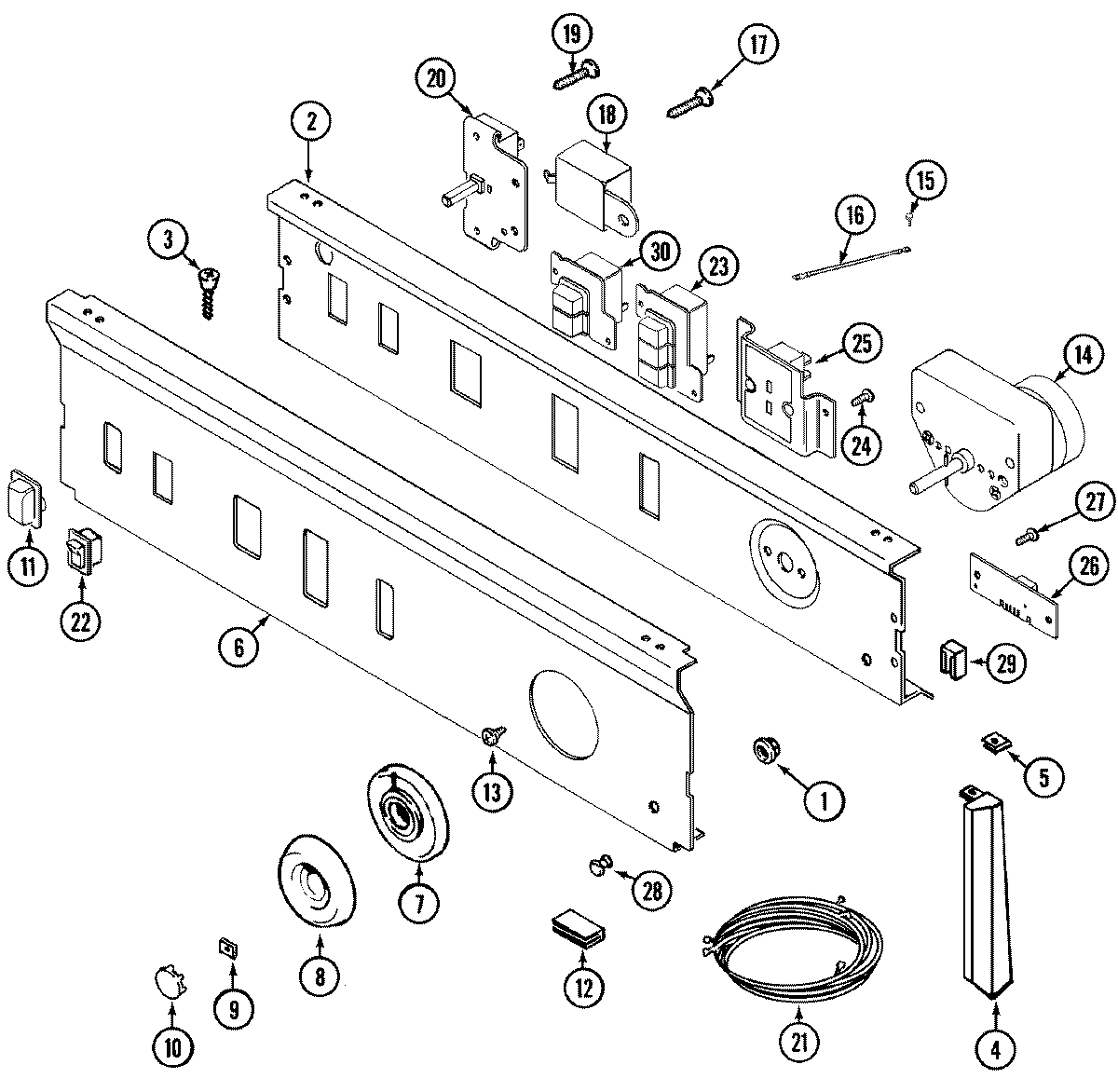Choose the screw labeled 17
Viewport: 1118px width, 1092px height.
pyautogui.click(x=689, y=102)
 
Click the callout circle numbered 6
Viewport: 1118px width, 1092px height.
pyautogui.click(x=239, y=647)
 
